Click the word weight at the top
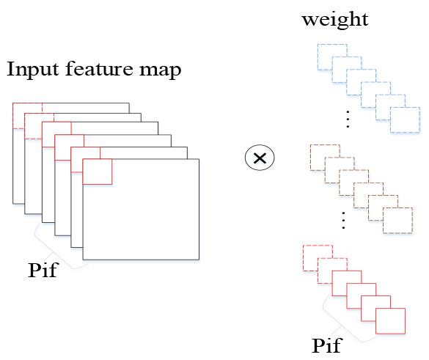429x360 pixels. point(335,20)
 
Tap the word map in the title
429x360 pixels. point(161,71)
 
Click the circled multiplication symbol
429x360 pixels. point(260,158)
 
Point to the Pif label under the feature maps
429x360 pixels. point(43,270)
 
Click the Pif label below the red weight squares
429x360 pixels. point(327,345)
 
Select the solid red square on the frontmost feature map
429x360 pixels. point(97,172)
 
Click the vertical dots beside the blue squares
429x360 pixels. point(348,119)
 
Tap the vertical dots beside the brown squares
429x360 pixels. point(343,220)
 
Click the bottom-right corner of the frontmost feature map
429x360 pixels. point(199,260)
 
